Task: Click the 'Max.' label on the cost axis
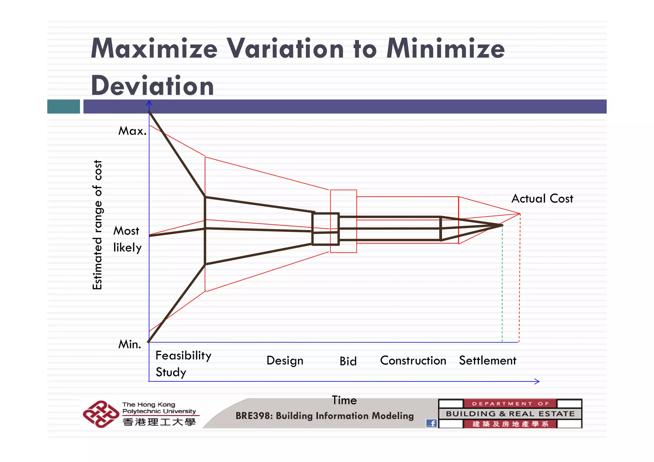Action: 132,131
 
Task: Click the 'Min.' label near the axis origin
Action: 129,344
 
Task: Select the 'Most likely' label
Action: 127,239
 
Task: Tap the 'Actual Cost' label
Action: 542,199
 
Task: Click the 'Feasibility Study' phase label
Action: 183,364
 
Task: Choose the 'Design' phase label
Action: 285,360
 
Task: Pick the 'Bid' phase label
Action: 348,361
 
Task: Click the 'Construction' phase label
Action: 413,360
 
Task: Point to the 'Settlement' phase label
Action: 487,360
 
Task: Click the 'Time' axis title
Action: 344,400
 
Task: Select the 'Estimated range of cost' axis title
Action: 97,225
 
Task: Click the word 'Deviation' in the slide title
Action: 152,86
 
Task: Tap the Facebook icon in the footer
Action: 431,423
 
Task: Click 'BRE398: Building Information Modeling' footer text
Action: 324,416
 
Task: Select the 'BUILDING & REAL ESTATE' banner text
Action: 510,414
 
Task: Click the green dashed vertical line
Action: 502,287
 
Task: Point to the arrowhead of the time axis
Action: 538,381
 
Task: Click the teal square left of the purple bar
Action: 64,106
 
